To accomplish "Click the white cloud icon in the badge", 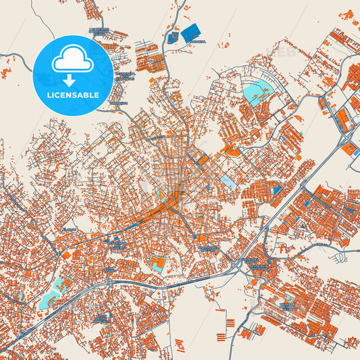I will [72, 61].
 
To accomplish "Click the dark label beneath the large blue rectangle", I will [197, 41].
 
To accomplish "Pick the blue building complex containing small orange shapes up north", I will [174, 36].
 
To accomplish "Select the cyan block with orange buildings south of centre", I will [157, 263].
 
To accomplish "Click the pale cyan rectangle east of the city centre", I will [230, 182].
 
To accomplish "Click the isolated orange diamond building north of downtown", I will [234, 151].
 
